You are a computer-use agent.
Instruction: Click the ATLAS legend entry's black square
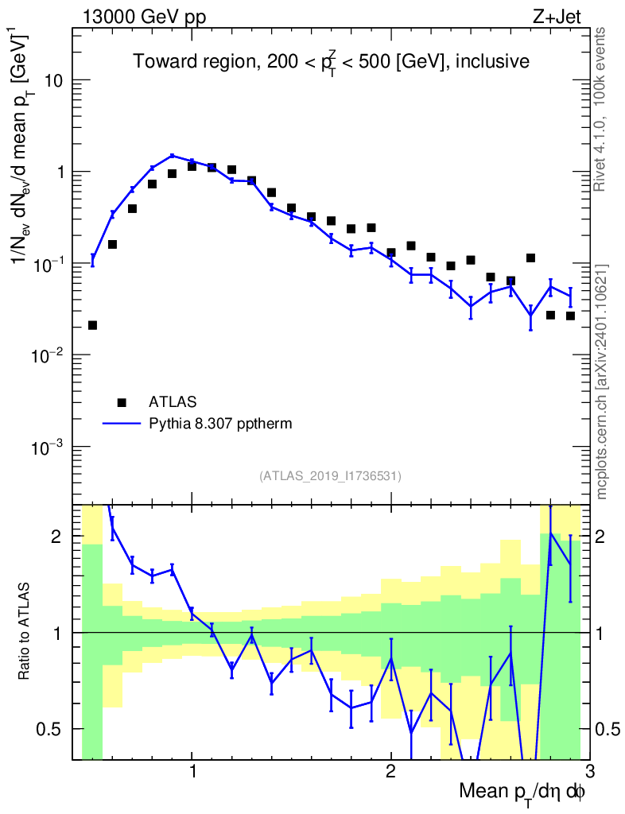tap(122, 401)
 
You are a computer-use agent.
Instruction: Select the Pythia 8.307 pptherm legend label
tap(220, 424)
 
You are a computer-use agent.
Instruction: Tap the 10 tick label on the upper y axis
tap(52, 81)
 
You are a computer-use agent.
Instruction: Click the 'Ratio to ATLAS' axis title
tap(25, 633)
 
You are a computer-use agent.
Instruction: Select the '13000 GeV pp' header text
tap(144, 16)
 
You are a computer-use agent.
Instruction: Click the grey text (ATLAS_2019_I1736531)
tap(330, 476)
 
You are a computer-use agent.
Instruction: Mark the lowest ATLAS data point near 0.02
tap(92, 325)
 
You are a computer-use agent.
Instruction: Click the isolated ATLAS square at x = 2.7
tap(530, 258)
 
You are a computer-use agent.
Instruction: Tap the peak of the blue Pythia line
tap(172, 156)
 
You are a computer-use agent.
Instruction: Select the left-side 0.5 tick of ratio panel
tap(57, 729)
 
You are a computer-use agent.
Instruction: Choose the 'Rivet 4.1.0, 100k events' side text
tap(601, 110)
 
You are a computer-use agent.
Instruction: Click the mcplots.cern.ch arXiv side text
tap(602, 382)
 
